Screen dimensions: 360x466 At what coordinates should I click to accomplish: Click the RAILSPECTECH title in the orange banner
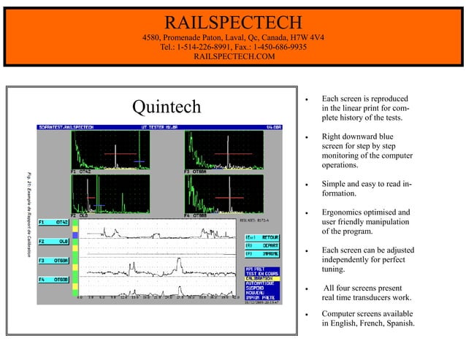(x=233, y=21)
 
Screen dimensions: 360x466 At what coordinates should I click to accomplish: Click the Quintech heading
(x=166, y=107)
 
